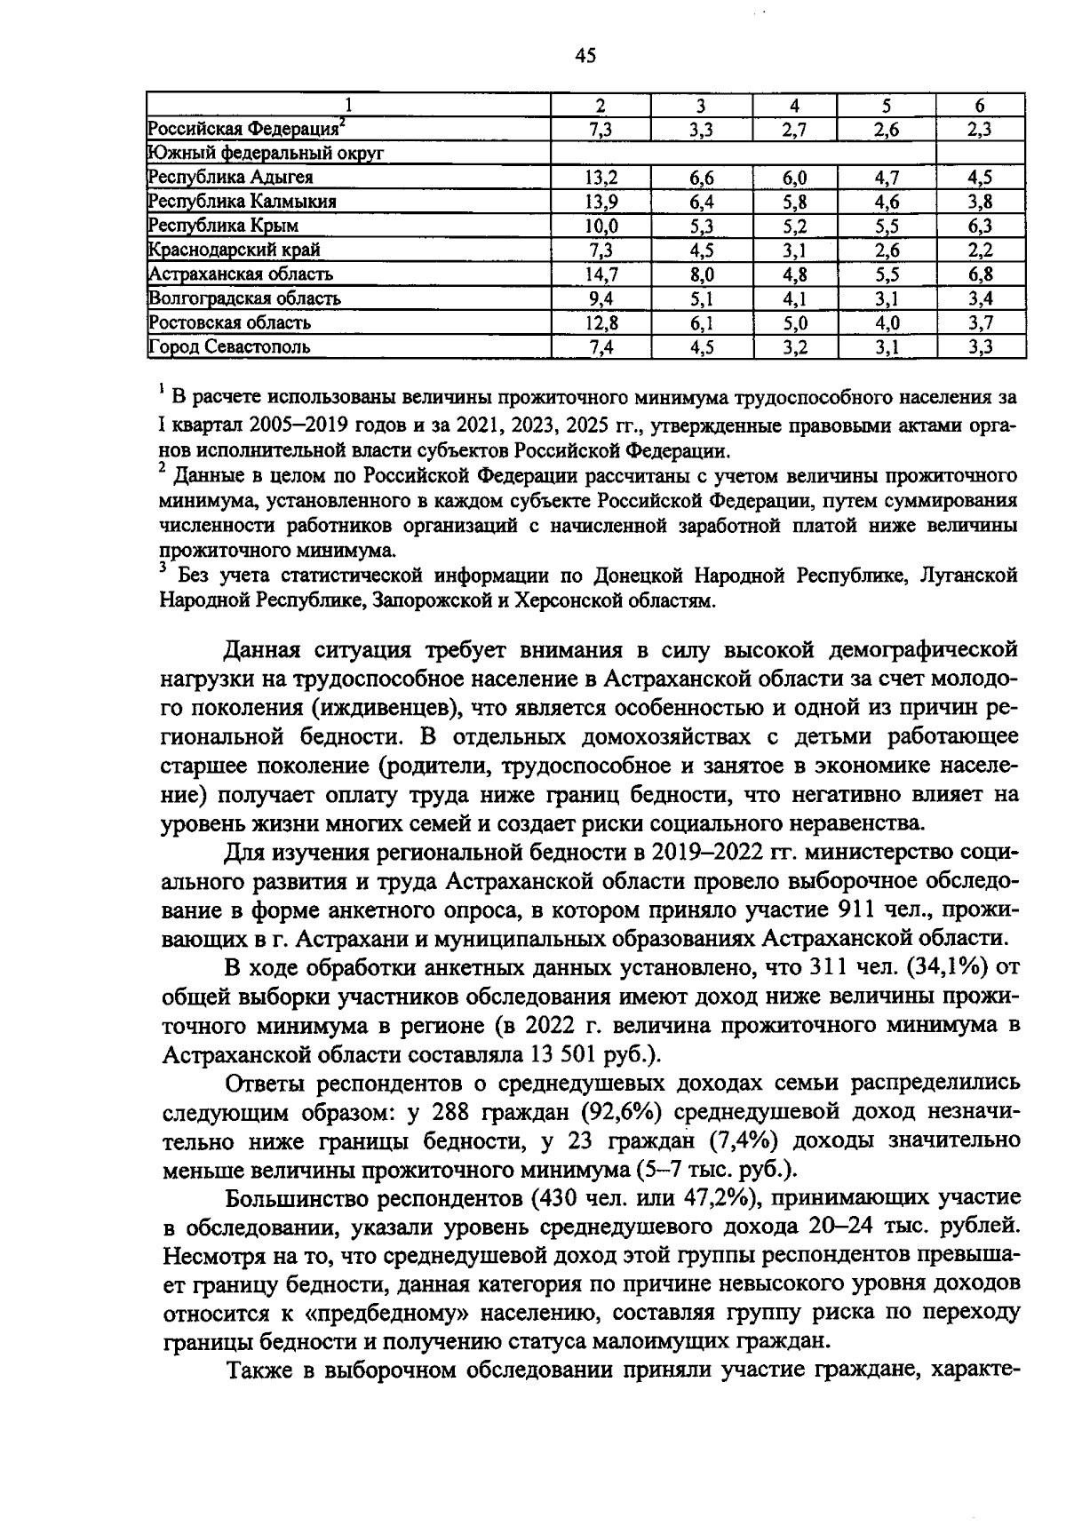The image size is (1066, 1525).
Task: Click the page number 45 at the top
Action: tap(585, 57)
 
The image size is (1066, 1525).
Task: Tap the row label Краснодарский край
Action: tap(235, 250)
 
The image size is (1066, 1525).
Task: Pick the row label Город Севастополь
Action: tap(229, 346)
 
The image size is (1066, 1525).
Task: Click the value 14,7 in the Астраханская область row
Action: tap(601, 274)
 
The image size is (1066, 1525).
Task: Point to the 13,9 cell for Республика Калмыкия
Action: tap(601, 201)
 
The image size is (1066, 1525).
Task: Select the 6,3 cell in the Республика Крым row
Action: tap(980, 226)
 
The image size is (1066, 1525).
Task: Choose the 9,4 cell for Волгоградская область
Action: tap(601, 298)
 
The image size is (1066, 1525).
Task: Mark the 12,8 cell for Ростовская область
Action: tap(601, 322)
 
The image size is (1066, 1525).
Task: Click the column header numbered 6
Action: tap(980, 104)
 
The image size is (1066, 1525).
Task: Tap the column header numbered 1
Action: tap(348, 104)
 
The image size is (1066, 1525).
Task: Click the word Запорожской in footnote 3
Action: tap(431, 601)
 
